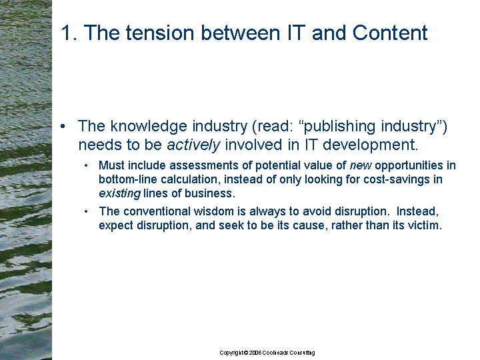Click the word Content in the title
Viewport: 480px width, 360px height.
click(x=390, y=33)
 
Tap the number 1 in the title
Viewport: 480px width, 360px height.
click(x=66, y=33)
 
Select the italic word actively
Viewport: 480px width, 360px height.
click(x=193, y=145)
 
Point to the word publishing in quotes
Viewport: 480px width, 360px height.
click(x=339, y=126)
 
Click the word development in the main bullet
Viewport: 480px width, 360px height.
click(x=371, y=145)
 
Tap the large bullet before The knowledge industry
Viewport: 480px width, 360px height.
click(x=63, y=127)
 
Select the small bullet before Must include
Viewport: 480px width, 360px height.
click(x=86, y=165)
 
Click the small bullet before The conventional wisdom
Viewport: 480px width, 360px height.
click(x=86, y=211)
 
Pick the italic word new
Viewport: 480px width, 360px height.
click(x=361, y=165)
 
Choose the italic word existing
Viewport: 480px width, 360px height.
click(x=120, y=193)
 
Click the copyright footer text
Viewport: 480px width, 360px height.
click(x=267, y=353)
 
